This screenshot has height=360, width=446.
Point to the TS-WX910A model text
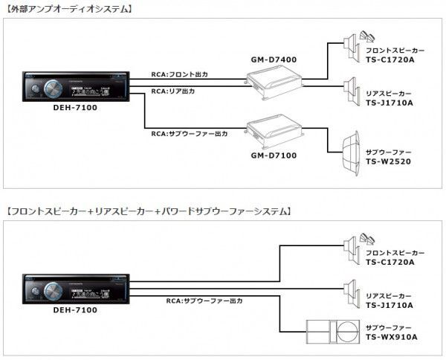pyautogui.click(x=392, y=336)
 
